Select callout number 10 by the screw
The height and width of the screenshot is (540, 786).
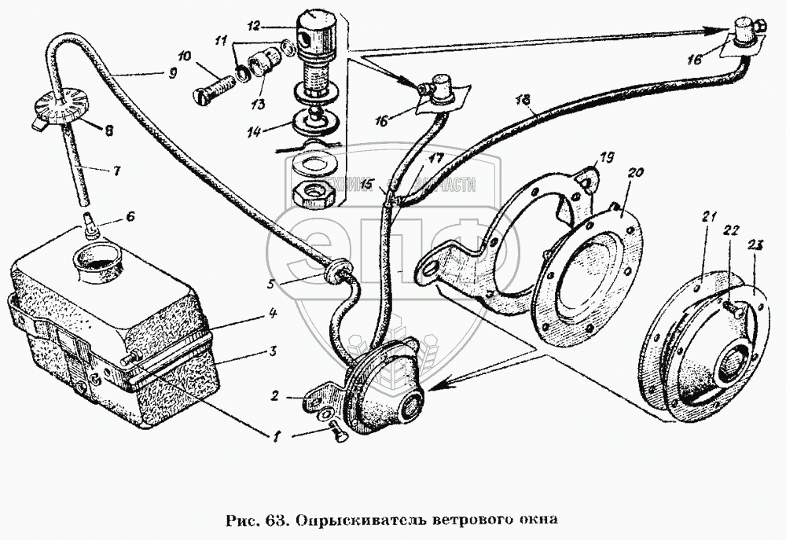184,56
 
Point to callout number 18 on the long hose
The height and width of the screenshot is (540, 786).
524,98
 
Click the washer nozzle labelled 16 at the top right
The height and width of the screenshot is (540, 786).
745,34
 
